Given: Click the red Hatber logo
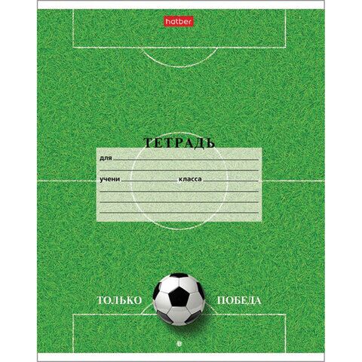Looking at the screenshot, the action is [179, 22].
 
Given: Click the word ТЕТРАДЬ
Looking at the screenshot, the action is [179, 143].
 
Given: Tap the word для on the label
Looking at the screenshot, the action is [106, 158].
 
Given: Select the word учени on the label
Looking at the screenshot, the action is [109, 179].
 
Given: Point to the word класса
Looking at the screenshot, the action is [190, 179].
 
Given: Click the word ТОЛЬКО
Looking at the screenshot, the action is [120, 300].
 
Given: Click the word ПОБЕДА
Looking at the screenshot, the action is [239, 300].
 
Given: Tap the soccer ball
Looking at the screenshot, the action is [179, 299].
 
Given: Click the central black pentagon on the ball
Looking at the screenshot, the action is [179, 296].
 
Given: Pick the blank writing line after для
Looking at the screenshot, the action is [186, 160].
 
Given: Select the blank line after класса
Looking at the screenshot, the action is [231, 181].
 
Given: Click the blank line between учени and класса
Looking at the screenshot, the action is [149, 181].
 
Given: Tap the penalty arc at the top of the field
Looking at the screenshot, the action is [179, 66].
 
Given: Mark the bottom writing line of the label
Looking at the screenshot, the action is [179, 213].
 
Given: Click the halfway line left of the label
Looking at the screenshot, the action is [67, 181].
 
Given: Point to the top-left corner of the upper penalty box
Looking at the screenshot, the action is [73, 10].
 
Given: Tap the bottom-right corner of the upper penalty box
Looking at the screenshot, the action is [286, 48].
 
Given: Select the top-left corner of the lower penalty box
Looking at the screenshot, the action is [73, 314].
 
